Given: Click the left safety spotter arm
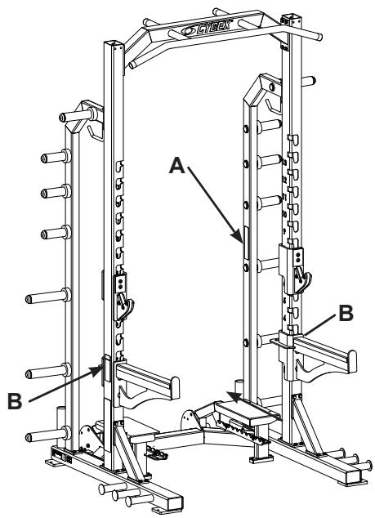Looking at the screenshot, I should tap(151, 376).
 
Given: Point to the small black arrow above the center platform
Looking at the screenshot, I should tap(234, 397).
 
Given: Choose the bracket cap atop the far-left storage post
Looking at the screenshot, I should tap(86, 114).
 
